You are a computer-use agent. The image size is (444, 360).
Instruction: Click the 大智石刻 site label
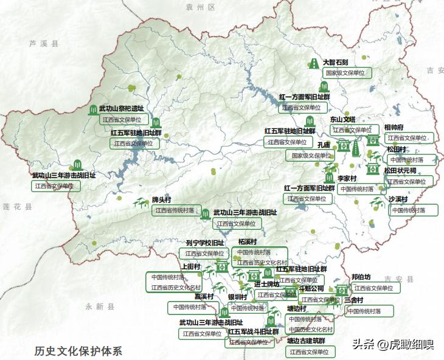(x=335, y=62)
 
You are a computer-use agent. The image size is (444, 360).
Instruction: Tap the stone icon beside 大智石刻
(x=314, y=63)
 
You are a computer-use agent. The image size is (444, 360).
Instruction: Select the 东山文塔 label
(x=342, y=120)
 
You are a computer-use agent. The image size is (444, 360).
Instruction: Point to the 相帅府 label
(x=394, y=128)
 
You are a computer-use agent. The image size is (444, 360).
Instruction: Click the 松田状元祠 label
(x=400, y=171)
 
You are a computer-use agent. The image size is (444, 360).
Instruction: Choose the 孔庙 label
(x=324, y=145)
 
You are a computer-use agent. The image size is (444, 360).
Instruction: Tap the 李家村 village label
(x=347, y=179)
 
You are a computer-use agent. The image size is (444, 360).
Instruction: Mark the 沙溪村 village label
(x=398, y=199)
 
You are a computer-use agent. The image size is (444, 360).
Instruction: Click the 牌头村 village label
(x=162, y=199)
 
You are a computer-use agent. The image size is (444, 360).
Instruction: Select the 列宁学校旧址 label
(x=205, y=243)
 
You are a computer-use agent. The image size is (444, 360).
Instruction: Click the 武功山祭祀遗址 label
(x=122, y=108)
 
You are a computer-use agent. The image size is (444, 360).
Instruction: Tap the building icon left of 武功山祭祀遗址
(x=93, y=109)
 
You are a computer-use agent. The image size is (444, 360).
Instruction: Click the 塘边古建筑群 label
(x=306, y=341)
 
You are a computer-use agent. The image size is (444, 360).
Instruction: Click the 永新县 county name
(x=100, y=307)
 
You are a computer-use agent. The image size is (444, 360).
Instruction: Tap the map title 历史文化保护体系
(x=78, y=351)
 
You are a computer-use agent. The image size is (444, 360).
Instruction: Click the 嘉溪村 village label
(x=204, y=296)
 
